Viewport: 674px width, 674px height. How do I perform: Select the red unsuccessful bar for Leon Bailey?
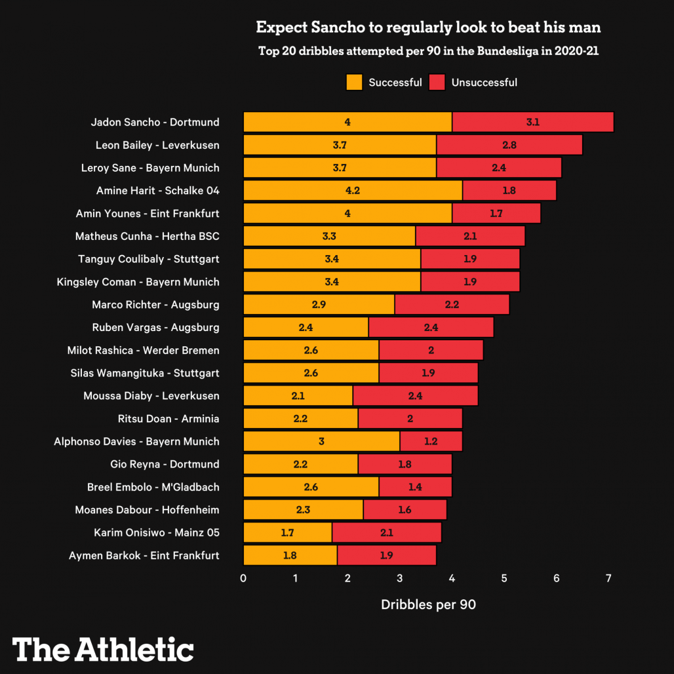pyautogui.click(x=509, y=145)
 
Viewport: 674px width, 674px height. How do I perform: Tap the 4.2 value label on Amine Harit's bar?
pyautogui.click(x=353, y=191)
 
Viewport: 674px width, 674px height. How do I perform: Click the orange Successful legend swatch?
pyautogui.click(x=354, y=82)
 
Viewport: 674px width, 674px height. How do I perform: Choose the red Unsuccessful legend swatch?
pyautogui.click(x=437, y=82)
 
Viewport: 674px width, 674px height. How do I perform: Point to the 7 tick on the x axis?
pyautogui.click(x=608, y=578)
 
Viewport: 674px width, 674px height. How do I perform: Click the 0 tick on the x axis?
pyautogui.click(x=243, y=578)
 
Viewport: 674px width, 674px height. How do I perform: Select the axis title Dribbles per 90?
pyautogui.click(x=428, y=605)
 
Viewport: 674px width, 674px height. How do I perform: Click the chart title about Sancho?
pyautogui.click(x=428, y=28)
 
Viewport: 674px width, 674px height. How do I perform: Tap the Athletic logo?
pyautogui.click(x=103, y=649)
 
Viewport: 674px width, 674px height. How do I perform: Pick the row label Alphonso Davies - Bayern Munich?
pyautogui.click(x=136, y=441)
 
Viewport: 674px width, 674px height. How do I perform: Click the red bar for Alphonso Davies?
pyautogui.click(x=431, y=441)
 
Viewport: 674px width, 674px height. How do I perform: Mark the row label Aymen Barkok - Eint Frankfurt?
pyautogui.click(x=144, y=555)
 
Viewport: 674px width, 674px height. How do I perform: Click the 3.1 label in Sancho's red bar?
pyautogui.click(x=532, y=122)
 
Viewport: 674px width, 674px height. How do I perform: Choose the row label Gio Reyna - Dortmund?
pyautogui.click(x=165, y=464)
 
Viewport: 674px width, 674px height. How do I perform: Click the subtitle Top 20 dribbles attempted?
pyautogui.click(x=428, y=51)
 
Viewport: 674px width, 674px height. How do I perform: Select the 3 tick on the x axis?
pyautogui.click(x=400, y=578)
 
